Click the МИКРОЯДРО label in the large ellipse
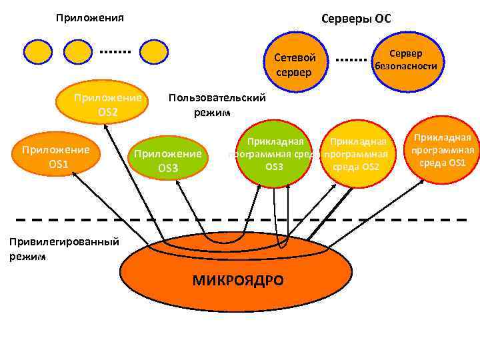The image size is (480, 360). pyautogui.click(x=238, y=281)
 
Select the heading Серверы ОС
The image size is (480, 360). pyautogui.click(x=356, y=19)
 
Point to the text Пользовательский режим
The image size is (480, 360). pyautogui.click(x=217, y=105)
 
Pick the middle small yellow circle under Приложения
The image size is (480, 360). pyautogui.click(x=80, y=51)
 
